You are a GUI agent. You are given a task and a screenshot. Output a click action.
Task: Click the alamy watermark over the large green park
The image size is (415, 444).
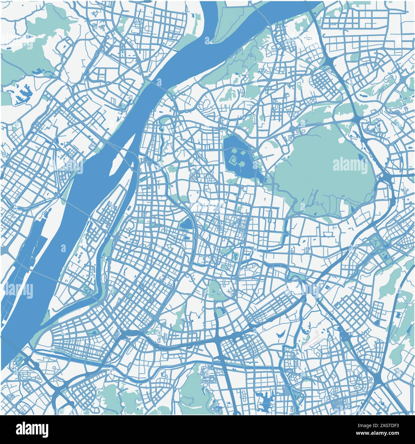pyautogui.click(x=350, y=165)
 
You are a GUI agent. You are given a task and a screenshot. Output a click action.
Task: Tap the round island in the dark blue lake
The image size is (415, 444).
pyautogui.click(x=242, y=164)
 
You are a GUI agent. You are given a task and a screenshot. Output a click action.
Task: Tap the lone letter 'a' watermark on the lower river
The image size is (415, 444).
pyautogui.click(x=63, y=248)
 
